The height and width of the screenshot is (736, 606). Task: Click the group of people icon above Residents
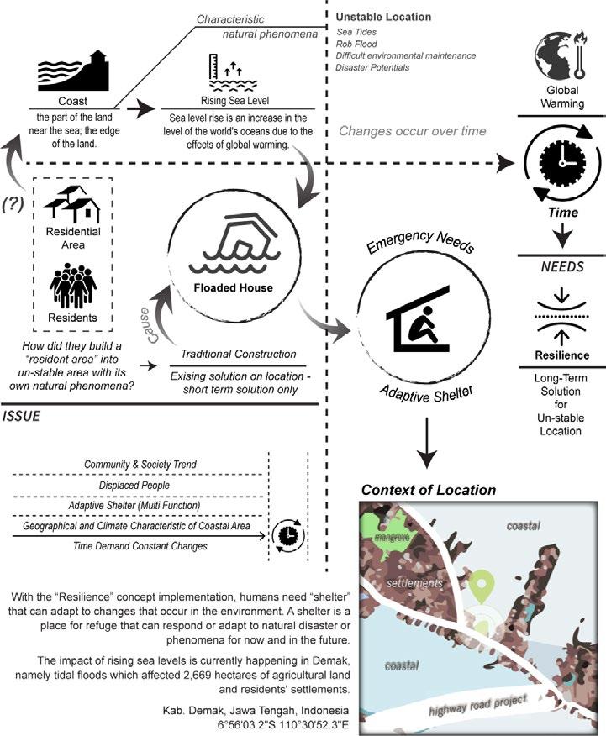coord(73,287)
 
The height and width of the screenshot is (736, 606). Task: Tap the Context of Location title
coord(428,489)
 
